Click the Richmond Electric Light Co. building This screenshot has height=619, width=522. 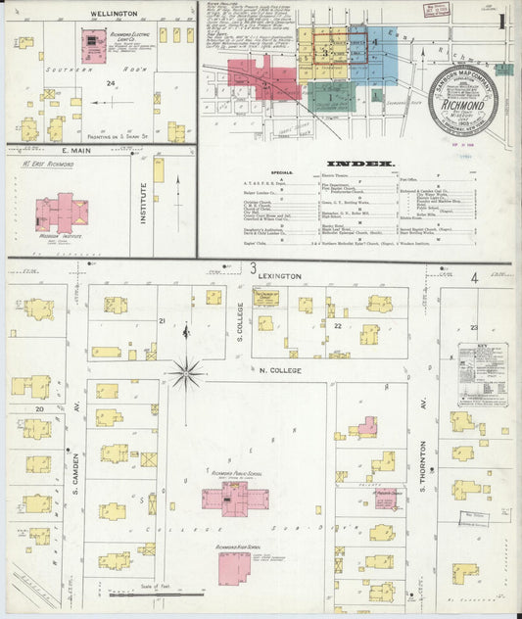(94, 43)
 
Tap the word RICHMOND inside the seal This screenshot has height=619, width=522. (462, 100)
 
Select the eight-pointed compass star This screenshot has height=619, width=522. (186, 373)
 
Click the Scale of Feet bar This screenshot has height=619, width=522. (157, 594)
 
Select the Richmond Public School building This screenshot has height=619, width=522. (234, 499)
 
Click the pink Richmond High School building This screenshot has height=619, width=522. (234, 567)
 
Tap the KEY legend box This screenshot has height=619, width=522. (483, 372)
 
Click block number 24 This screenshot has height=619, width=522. (112, 84)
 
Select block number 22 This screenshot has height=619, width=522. (337, 324)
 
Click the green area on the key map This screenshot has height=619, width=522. (331, 95)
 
